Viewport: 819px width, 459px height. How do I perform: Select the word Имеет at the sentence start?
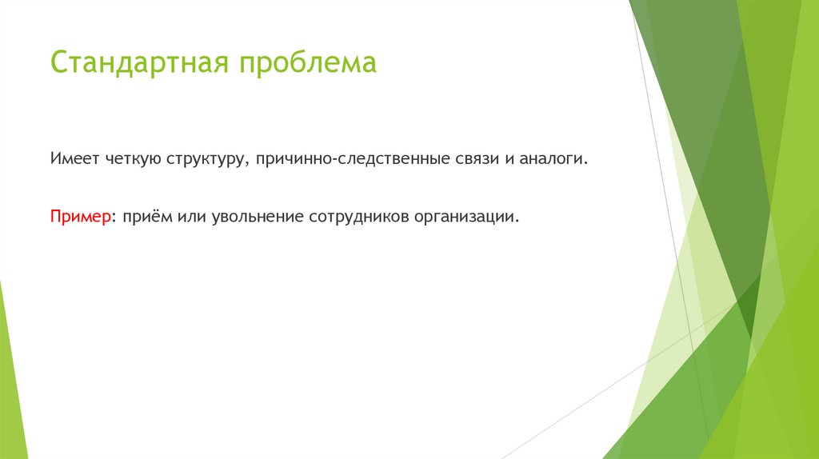point(75,159)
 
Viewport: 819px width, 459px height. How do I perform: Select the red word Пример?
point(80,218)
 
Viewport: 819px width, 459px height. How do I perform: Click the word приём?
point(145,218)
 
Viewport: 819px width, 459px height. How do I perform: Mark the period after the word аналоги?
point(586,164)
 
